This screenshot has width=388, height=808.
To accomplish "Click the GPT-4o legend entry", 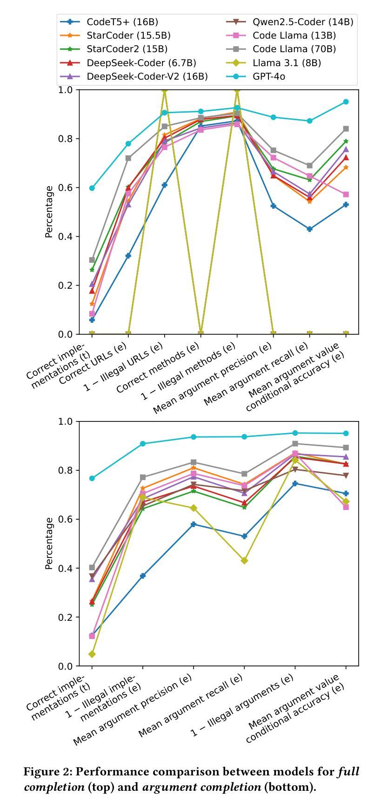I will [x=268, y=76].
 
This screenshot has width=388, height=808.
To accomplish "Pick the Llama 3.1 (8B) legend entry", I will [x=287, y=63].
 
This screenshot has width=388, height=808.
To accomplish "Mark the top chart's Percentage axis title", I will [x=49, y=212].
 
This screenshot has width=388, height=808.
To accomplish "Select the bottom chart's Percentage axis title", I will [x=49, y=543].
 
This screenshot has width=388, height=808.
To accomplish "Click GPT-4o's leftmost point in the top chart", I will [x=92, y=188].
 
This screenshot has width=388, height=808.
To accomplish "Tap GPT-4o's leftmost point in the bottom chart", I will [x=92, y=478].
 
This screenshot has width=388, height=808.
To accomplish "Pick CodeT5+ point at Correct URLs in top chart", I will [x=128, y=256].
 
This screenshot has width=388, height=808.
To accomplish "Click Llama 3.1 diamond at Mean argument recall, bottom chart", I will [x=244, y=561].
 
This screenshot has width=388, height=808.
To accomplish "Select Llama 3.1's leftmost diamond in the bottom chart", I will [x=92, y=654].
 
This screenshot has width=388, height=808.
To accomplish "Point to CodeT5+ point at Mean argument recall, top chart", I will [x=310, y=229].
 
